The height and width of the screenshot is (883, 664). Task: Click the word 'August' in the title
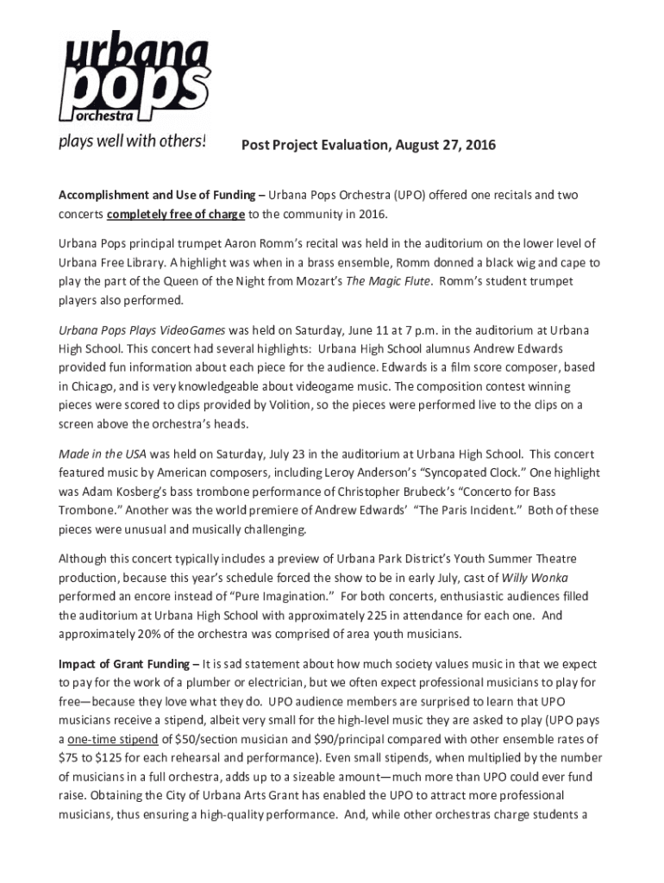422,145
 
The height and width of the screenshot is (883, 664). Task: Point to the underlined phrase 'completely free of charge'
176,213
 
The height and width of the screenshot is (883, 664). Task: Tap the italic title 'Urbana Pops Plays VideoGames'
141,329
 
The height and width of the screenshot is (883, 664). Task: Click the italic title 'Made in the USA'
103,454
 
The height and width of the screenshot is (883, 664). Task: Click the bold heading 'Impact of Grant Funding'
124,664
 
